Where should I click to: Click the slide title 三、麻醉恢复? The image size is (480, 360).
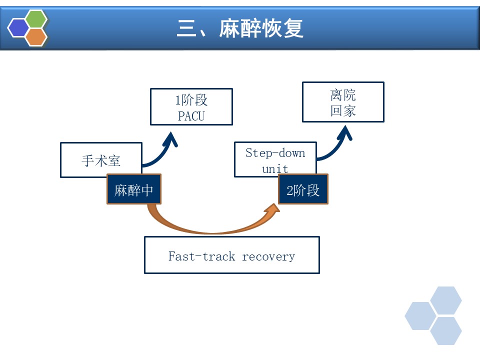[240, 28]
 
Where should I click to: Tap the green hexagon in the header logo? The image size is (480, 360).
[36, 19]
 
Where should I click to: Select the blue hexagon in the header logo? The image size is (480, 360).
[19, 28]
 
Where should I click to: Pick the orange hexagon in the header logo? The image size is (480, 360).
[36, 37]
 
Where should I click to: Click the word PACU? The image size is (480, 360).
[191, 117]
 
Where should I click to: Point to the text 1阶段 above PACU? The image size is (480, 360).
[191, 100]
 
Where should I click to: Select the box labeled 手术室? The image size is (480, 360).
[101, 160]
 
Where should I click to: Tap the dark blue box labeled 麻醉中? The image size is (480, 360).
[133, 190]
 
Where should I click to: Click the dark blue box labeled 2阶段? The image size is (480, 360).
[303, 190]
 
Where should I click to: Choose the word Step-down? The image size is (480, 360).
[275, 152]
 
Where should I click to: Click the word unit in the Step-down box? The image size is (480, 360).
[275, 168]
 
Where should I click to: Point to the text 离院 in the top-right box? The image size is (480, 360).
[343, 95]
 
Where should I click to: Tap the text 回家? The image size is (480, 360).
[343, 110]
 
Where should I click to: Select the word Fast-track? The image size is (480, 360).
[201, 256]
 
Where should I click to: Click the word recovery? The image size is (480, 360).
[268, 256]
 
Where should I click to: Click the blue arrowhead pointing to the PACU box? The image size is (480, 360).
[172, 138]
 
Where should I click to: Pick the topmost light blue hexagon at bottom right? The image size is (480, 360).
[446, 300]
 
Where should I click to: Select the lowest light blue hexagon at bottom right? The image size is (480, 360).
[446, 331]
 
